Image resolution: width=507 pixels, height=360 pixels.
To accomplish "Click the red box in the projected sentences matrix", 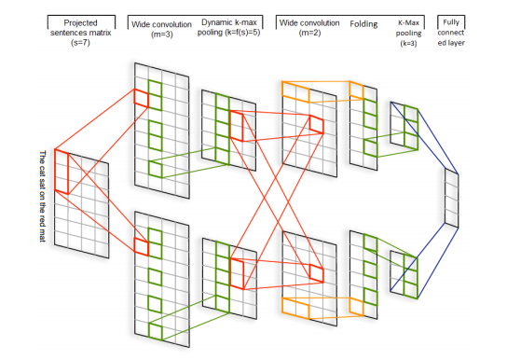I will pos(65,173).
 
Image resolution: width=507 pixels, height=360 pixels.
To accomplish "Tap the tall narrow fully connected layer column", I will pos(452,198).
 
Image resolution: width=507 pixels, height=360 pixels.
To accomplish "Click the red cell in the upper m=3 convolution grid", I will pos(141,97).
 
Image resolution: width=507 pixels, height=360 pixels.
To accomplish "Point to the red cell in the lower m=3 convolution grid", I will pos(141,245).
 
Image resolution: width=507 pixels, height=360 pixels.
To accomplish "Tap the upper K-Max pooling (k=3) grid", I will pos(404,122).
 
